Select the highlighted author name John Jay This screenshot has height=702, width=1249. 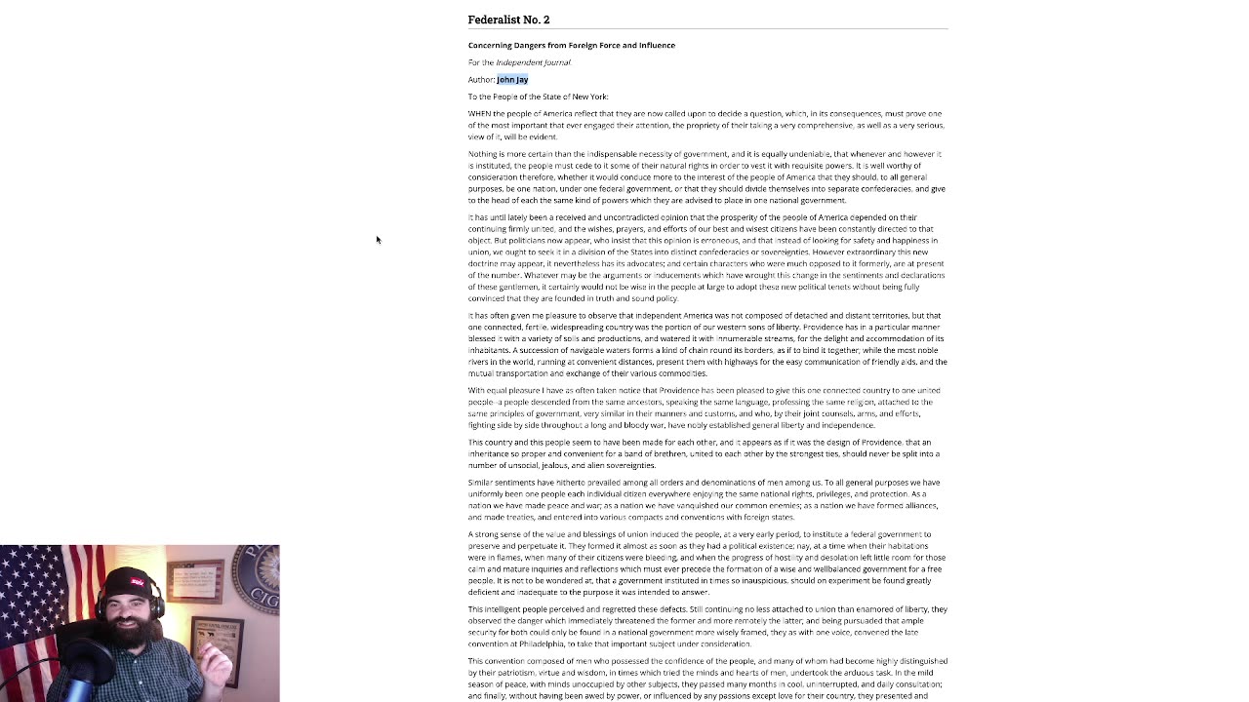click(x=512, y=80)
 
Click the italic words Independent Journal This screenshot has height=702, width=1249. click(x=533, y=62)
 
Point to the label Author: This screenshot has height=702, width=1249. click(x=481, y=80)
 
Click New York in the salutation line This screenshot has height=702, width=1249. click(x=589, y=97)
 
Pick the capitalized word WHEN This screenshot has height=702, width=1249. click(x=480, y=114)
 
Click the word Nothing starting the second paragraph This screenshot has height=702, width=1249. click(x=483, y=154)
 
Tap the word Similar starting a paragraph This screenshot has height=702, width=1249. click(x=481, y=483)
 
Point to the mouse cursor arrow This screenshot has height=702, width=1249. click(x=378, y=239)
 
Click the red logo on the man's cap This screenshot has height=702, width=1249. click(x=138, y=582)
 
